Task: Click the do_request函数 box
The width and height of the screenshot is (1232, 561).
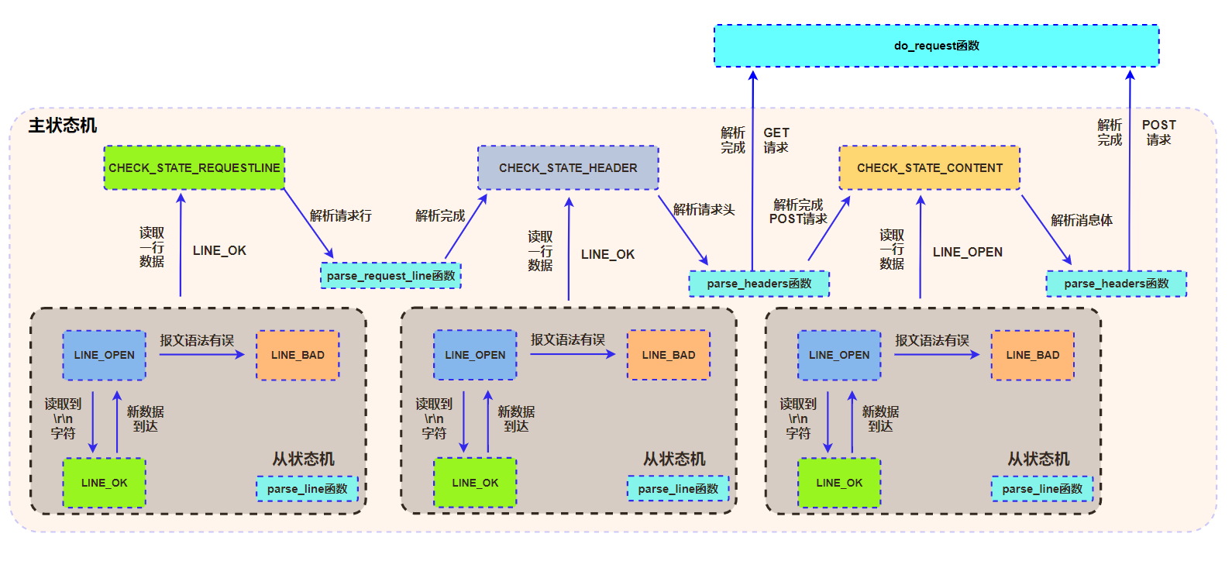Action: pos(936,46)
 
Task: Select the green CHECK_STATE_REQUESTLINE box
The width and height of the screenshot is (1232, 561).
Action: pos(194,167)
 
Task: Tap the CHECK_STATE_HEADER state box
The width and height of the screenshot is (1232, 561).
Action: pos(568,167)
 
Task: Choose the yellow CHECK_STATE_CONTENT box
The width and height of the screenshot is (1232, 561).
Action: pos(929,167)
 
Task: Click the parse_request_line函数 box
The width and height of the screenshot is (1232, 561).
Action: pos(391,276)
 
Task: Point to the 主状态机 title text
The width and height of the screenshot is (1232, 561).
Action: pos(63,126)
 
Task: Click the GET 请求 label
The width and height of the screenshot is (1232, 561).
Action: pos(776,140)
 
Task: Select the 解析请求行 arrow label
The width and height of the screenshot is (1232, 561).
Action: pos(340,215)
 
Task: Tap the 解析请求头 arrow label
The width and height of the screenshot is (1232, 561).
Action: pos(704,209)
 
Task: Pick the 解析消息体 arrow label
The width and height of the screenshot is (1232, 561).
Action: pos(1081,220)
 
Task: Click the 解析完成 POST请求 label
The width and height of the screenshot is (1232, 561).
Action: pos(798,212)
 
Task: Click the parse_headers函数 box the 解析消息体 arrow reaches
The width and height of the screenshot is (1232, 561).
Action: pos(1116,284)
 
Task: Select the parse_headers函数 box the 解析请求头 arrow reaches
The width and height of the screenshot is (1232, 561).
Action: pos(759,284)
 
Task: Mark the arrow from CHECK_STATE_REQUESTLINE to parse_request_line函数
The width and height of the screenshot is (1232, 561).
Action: pos(308,223)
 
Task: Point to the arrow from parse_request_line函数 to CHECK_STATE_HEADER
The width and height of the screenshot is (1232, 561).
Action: pos(466,226)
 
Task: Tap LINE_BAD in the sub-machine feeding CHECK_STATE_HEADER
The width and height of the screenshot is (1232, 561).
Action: pos(668,355)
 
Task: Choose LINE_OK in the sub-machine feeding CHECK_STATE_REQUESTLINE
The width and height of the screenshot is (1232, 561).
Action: pos(104,483)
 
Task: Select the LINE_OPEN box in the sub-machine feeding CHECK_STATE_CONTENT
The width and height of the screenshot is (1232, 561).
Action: pos(838,355)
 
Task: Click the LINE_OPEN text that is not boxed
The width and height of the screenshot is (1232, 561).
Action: pos(967,252)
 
